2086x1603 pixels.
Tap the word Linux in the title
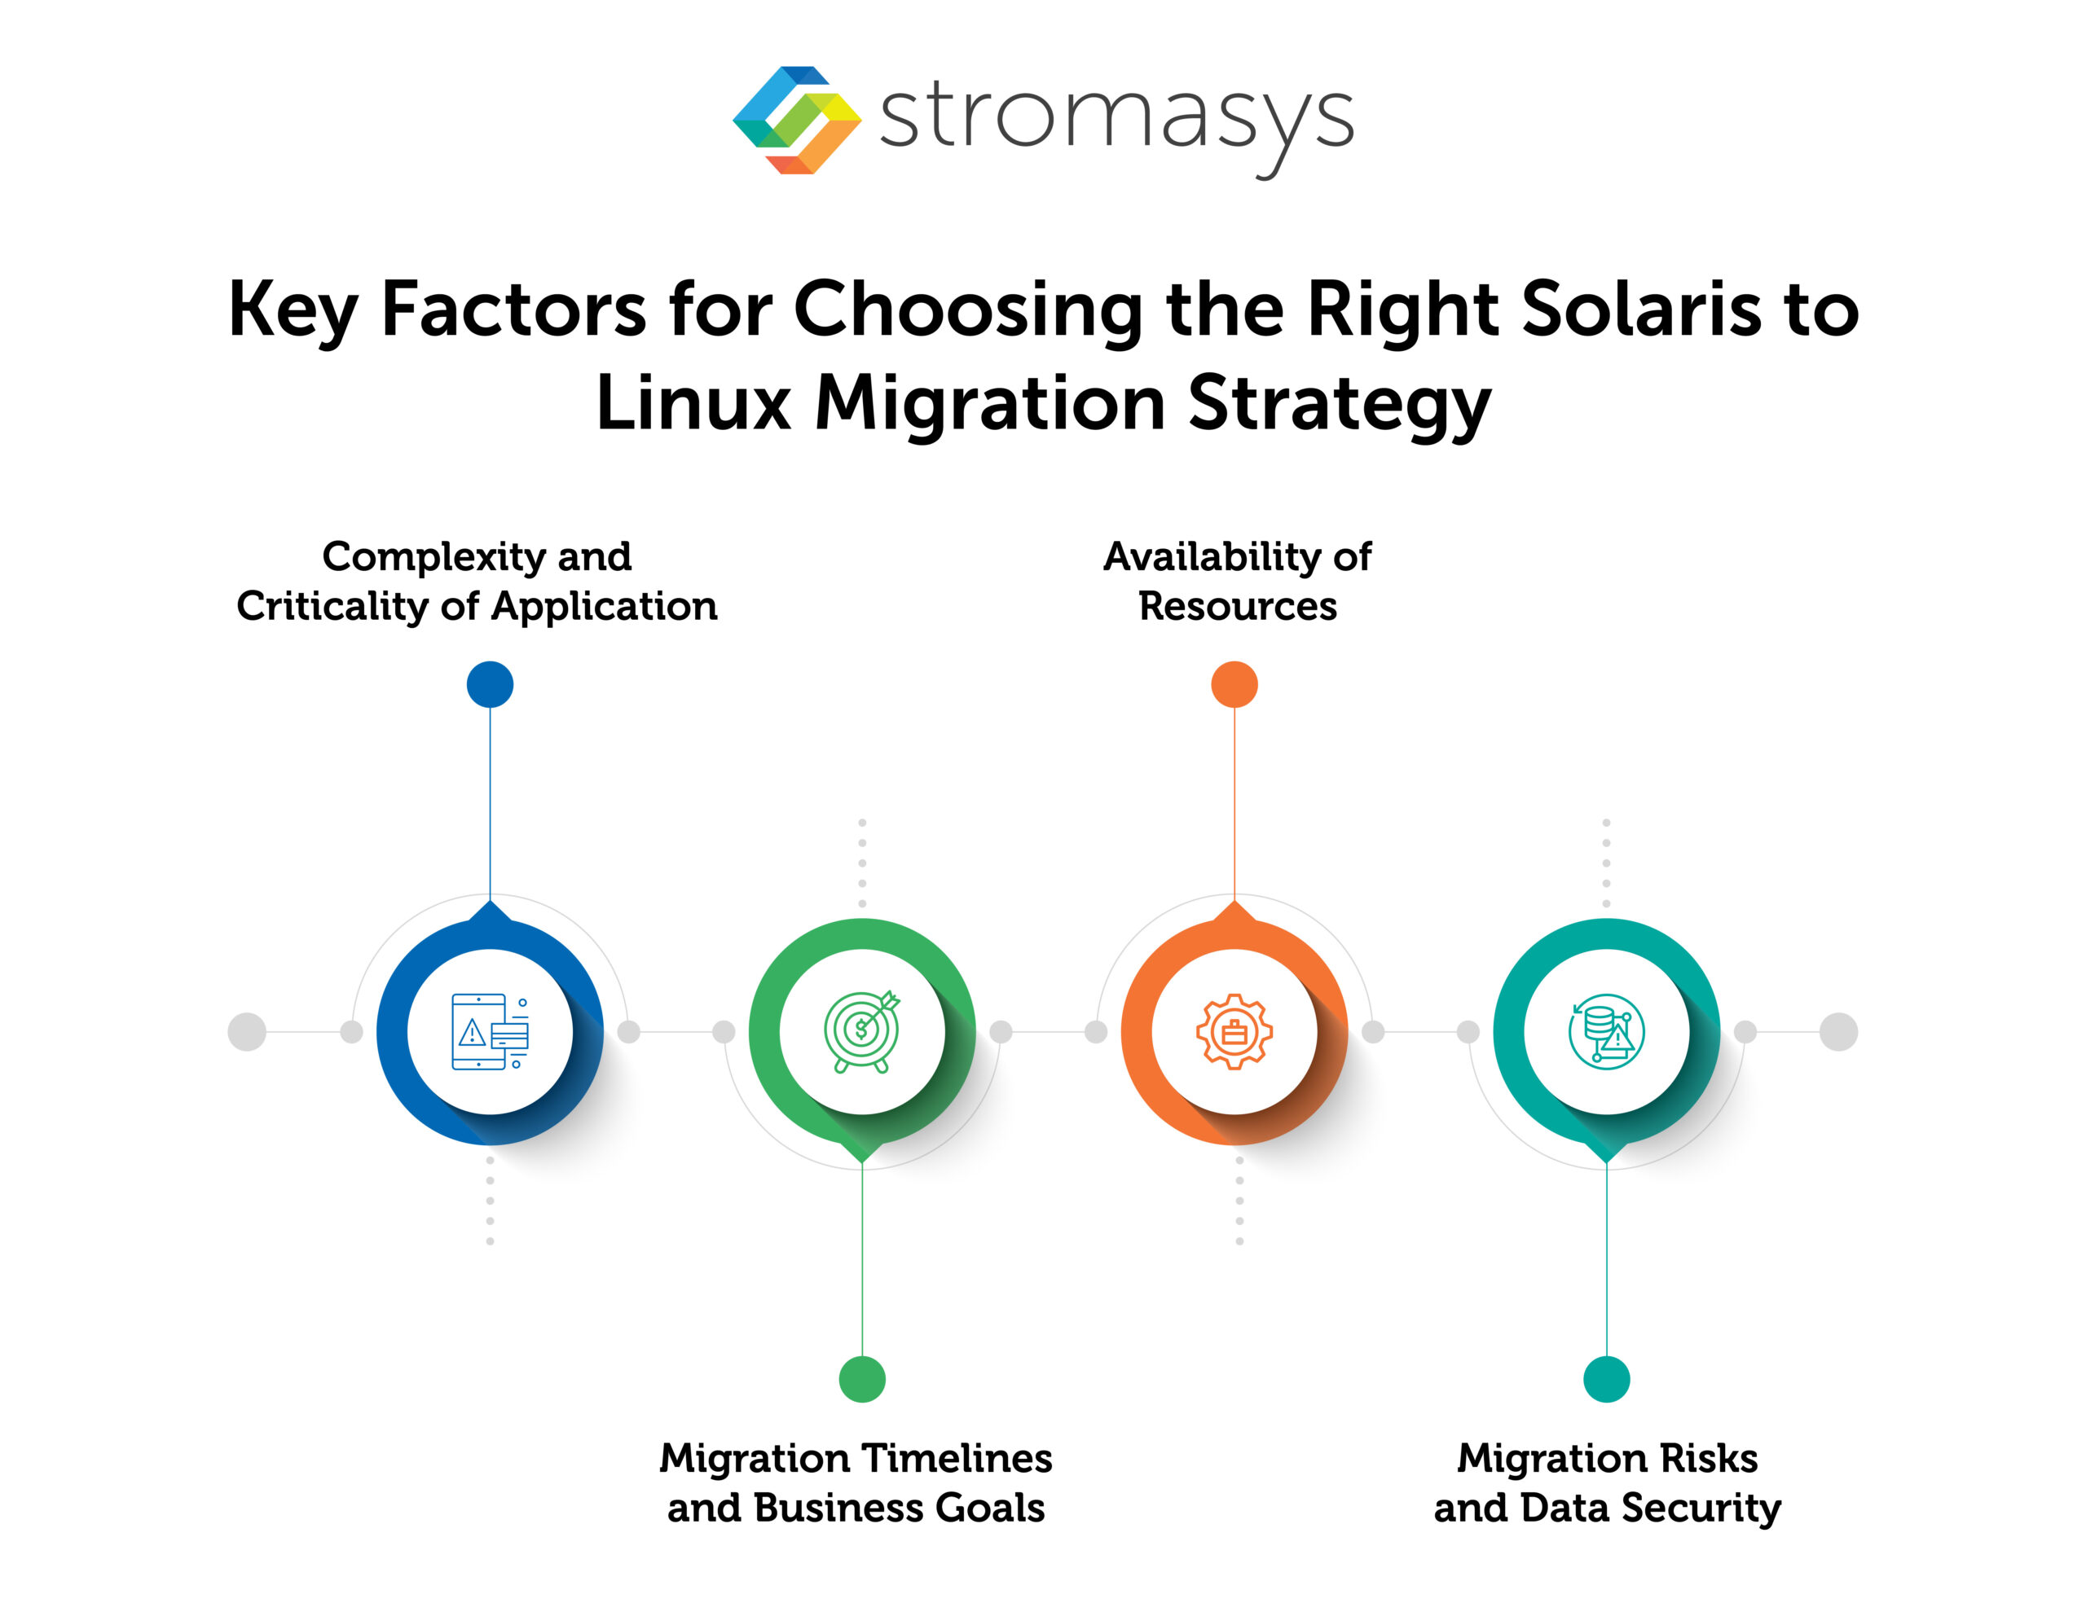tap(693, 402)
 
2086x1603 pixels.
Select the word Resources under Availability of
tap(1237, 606)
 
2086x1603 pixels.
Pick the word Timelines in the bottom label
tap(959, 1458)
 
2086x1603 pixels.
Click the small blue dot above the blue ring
tap(490, 684)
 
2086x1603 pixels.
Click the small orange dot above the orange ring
tap(1234, 684)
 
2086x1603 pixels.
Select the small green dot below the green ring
tap(861, 1379)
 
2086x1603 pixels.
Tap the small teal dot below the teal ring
tap(1606, 1379)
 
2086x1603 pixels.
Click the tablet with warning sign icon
tap(490, 1031)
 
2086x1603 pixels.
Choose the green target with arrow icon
tap(861, 1031)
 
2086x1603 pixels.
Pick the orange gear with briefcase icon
tap(1234, 1031)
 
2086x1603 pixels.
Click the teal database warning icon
tap(1606, 1031)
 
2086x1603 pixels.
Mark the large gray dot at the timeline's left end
tap(246, 1031)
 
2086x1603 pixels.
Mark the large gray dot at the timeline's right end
tap(1838, 1031)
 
